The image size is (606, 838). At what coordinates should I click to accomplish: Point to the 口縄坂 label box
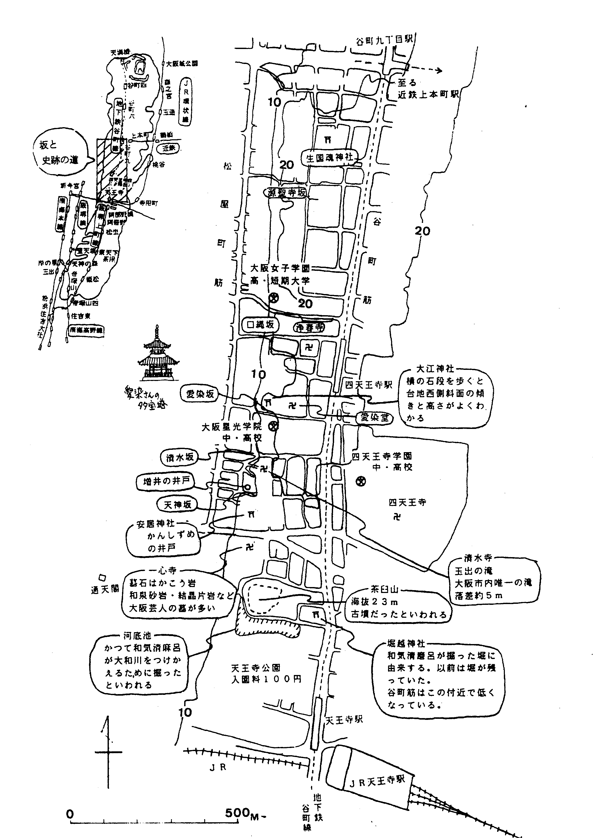(x=261, y=325)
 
